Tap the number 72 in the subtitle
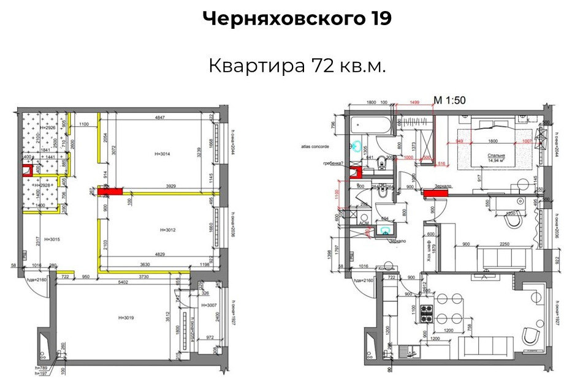pos(321,66)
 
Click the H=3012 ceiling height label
pos(168,230)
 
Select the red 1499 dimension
pos(416,103)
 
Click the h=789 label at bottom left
pos(42,367)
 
